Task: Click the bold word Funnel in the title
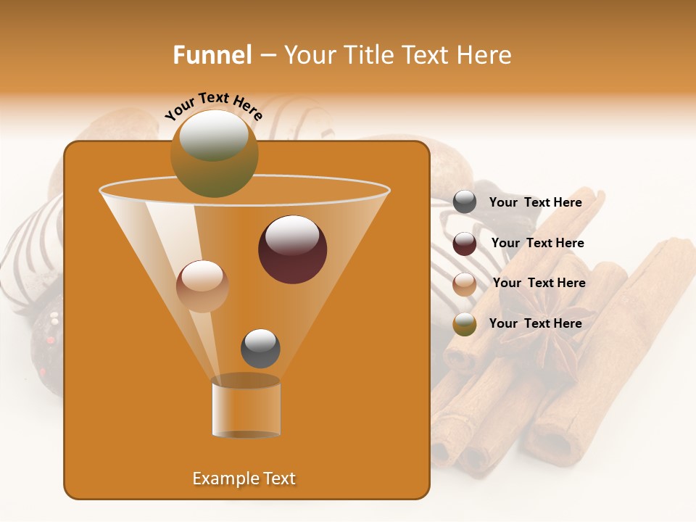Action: click(x=212, y=55)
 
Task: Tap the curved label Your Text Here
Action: click(x=213, y=107)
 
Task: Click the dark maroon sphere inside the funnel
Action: click(x=292, y=250)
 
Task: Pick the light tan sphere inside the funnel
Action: click(x=202, y=286)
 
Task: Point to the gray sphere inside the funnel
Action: click(x=260, y=349)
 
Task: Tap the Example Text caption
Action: click(x=244, y=478)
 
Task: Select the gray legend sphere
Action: click(x=465, y=202)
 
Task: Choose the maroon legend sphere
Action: click(x=465, y=244)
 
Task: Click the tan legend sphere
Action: click(x=465, y=283)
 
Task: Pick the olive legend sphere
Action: click(x=465, y=324)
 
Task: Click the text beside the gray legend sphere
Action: click(x=535, y=202)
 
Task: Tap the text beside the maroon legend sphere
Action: click(x=537, y=243)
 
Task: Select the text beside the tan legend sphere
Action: click(x=539, y=283)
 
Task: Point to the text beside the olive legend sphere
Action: click(x=535, y=323)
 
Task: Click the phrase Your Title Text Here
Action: click(x=397, y=55)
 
